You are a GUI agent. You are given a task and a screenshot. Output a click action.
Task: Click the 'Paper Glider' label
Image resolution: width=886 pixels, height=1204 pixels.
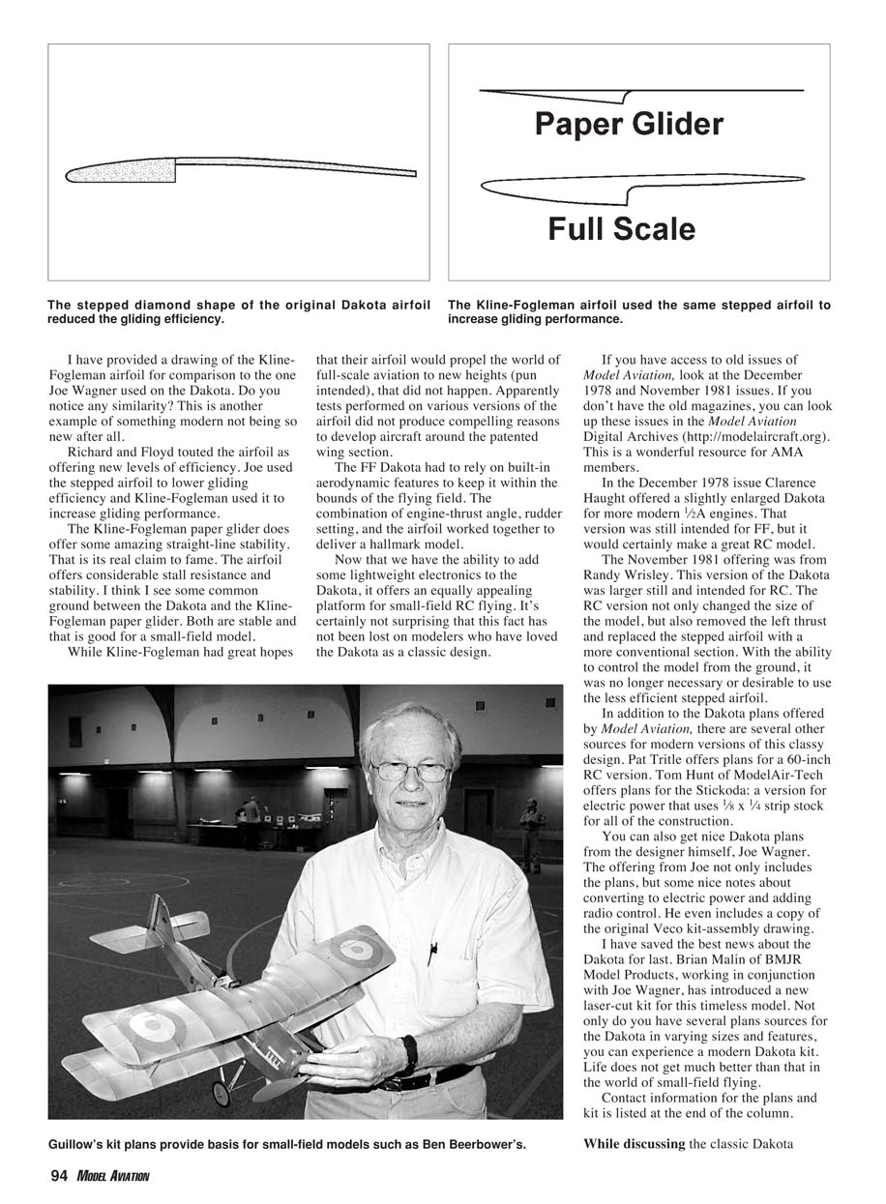pos(629,125)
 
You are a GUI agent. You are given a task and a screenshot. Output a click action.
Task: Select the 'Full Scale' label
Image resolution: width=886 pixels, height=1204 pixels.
pos(621,229)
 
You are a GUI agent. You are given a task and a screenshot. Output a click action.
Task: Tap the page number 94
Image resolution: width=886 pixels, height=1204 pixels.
pos(60,1176)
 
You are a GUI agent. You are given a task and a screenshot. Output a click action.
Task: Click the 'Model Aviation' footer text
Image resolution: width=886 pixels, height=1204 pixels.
pos(114,1177)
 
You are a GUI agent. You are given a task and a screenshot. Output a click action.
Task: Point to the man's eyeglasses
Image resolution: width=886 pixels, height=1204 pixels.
pos(410,772)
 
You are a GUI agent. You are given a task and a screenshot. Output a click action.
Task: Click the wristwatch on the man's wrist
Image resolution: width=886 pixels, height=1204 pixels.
pos(410,1051)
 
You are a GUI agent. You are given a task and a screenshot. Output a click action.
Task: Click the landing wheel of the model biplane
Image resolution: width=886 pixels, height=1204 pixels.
pos(221,1094)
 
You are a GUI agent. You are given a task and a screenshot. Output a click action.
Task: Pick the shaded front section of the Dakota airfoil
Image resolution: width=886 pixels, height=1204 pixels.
pos(121,172)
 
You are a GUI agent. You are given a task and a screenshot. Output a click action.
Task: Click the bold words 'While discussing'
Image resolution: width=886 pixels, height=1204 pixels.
pos(634,1144)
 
